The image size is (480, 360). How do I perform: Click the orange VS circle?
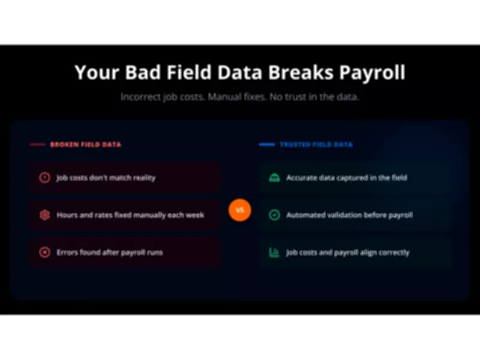coord(239,211)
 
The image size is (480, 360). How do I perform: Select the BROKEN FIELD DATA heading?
coord(85,145)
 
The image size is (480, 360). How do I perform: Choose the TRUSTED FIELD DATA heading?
coord(316,145)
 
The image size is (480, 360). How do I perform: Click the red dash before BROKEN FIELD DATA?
coord(37,145)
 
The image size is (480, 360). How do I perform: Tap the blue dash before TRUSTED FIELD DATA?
coord(266,145)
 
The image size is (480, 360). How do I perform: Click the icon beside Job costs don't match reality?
coord(44,178)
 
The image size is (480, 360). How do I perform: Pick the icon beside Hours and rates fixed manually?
coord(44,215)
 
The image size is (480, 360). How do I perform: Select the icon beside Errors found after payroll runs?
coord(44,252)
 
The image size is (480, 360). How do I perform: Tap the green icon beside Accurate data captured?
coord(274,178)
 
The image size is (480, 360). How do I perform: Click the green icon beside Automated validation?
coord(274,215)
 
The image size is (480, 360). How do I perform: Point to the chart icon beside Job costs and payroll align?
coord(274,252)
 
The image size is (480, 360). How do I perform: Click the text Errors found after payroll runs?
coord(110,252)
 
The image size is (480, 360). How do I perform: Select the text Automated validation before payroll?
coord(349,215)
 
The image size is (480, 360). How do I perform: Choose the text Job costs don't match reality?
coord(106,178)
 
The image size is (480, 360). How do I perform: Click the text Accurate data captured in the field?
coord(347,178)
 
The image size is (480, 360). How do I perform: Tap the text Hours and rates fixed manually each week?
coord(130,215)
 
